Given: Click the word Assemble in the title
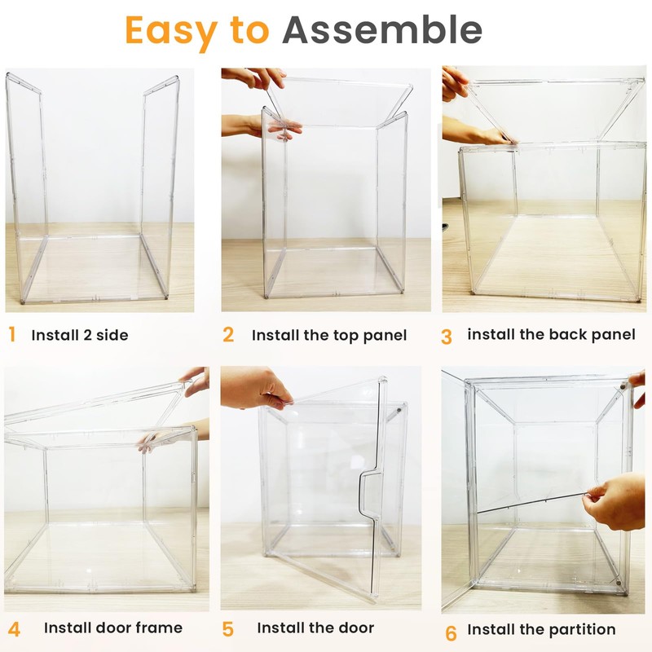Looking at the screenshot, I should pyautogui.click(x=382, y=30).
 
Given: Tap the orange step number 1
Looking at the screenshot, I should pyautogui.click(x=11, y=334).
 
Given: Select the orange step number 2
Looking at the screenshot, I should pyautogui.click(x=228, y=334).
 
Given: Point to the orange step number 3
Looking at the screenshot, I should pyautogui.click(x=446, y=336).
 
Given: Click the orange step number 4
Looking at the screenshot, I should pyautogui.click(x=14, y=628).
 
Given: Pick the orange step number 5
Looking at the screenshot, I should pyautogui.click(x=228, y=628).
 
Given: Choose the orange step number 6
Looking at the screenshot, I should pyautogui.click(x=451, y=632).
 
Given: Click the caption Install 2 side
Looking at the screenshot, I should pyautogui.click(x=80, y=335).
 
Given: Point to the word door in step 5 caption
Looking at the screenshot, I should pyautogui.click(x=355, y=628).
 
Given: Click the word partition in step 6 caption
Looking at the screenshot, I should pyautogui.click(x=582, y=629).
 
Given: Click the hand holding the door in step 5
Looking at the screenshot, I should pyautogui.click(x=253, y=387).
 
